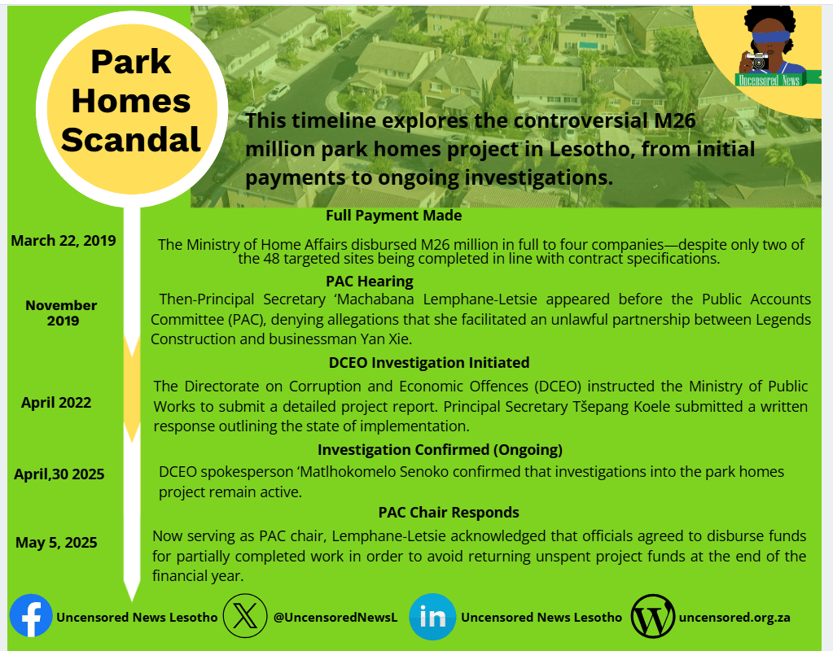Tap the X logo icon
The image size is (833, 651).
[245, 616]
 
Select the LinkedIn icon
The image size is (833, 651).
[432, 617]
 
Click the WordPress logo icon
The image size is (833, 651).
[653, 617]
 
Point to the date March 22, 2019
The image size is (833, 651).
[64, 241]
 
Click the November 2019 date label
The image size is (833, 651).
[62, 313]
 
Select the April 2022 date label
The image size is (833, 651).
[56, 403]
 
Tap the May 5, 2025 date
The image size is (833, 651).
[56, 542]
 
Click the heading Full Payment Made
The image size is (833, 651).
[393, 216]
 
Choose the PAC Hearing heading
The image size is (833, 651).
[370, 281]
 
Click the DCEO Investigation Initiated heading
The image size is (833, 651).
[429, 363]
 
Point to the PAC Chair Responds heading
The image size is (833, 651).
[449, 513]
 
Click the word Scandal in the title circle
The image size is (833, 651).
[131, 139]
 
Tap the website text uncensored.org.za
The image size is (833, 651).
[734, 618]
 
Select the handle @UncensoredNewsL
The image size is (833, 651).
[335, 618]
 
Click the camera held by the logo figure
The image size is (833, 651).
[758, 61]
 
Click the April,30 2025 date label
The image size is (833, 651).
[59, 474]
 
